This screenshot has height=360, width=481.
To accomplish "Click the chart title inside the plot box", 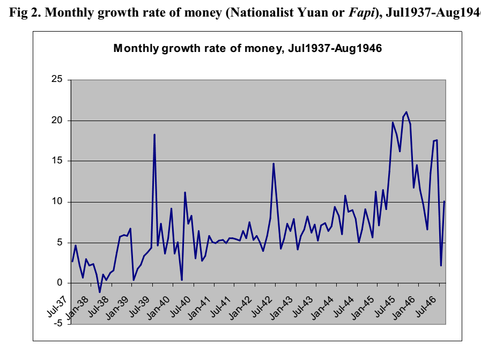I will (x=247, y=48).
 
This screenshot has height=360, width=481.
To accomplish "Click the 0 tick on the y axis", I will (x=61, y=283).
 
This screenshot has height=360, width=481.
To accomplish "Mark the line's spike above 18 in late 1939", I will (x=154, y=135).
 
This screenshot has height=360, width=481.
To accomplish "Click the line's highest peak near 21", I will (x=406, y=112).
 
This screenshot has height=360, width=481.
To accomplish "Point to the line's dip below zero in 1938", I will (x=100, y=292).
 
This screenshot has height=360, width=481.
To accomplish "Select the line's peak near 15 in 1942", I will (x=273, y=164).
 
